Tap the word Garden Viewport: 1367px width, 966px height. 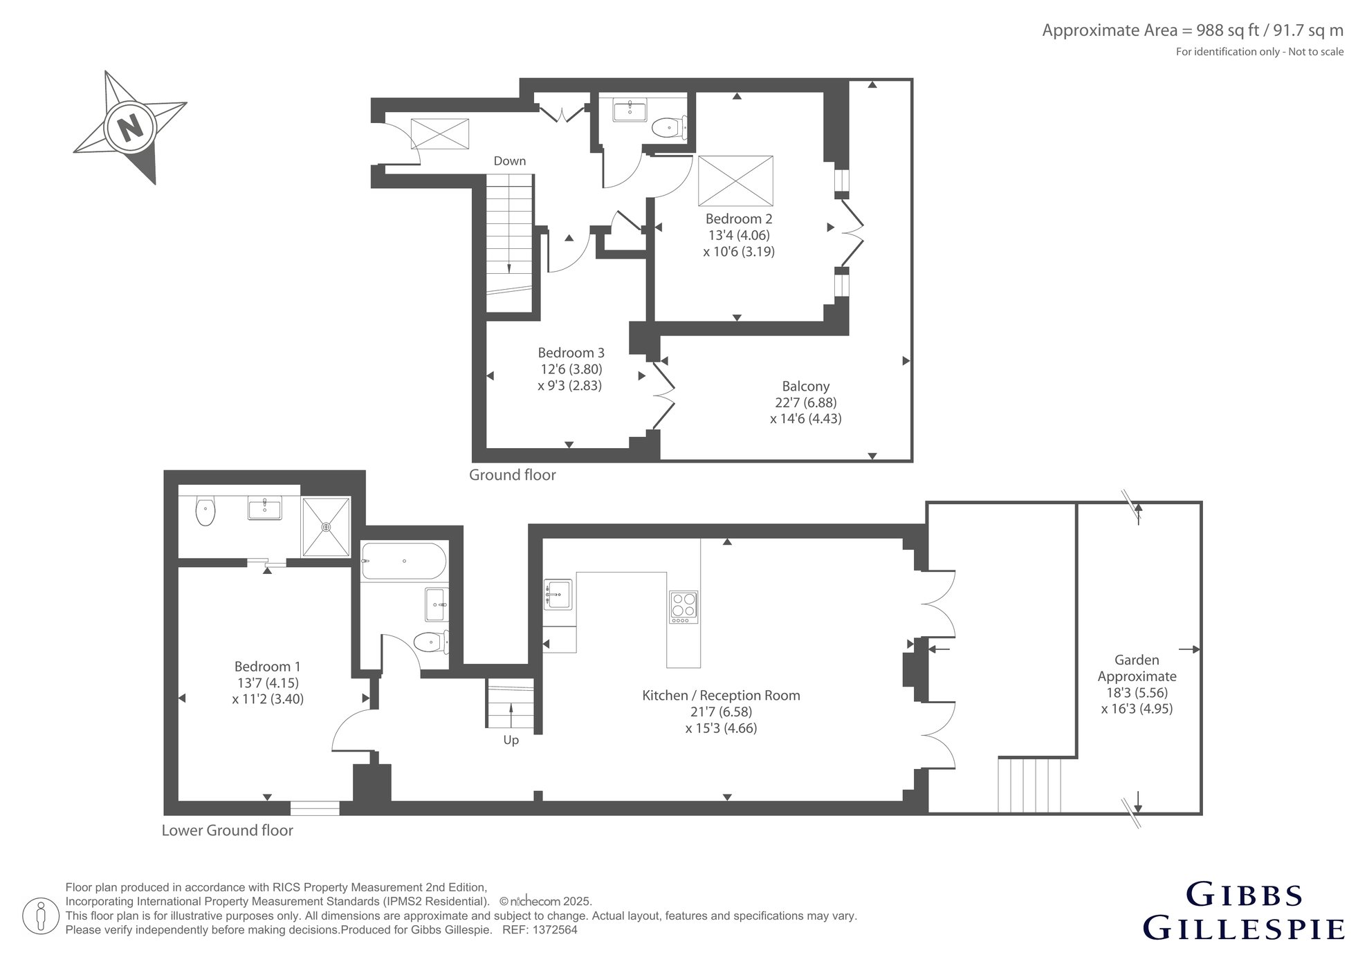pos(1137,660)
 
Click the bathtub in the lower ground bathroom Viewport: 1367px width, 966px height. pos(403,561)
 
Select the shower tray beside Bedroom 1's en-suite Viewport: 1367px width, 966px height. pos(326,526)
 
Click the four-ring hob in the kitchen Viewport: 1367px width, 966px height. pos(683,608)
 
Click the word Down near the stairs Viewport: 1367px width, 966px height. pos(510,161)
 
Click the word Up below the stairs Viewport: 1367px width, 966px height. pos(511,741)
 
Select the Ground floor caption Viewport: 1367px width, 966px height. pos(513,475)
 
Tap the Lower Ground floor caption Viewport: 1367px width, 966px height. pos(228,830)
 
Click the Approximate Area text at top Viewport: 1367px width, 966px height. pos(1193,30)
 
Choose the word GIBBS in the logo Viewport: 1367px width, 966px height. pos(1245,895)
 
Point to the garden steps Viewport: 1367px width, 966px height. pos(1029,785)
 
